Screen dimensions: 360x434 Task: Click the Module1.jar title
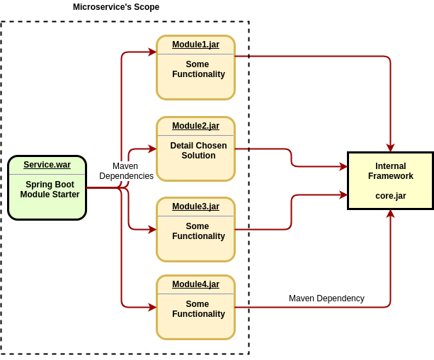(195, 45)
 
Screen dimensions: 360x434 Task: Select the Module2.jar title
(195, 126)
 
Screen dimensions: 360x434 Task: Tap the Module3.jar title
(195, 207)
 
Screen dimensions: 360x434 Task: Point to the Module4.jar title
(195, 284)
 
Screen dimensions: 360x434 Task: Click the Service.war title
(47, 165)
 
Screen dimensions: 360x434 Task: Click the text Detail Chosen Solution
(198, 151)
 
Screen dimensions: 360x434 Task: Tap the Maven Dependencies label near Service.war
(125, 171)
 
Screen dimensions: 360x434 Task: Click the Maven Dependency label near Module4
(326, 298)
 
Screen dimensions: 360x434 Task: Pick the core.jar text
(390, 196)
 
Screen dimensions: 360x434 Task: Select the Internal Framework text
(390, 171)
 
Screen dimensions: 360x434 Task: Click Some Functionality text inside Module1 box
(198, 69)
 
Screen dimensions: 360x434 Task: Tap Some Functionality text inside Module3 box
(198, 231)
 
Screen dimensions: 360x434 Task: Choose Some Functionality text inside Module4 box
(198, 309)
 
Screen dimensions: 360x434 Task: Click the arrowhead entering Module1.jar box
(152, 52)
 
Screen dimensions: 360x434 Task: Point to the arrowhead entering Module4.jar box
(152, 307)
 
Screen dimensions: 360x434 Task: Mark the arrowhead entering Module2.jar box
(152, 149)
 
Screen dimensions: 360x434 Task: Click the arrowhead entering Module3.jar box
(152, 229)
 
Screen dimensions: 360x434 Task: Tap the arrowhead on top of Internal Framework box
(390, 148)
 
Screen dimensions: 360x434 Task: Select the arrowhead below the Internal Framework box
(390, 214)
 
